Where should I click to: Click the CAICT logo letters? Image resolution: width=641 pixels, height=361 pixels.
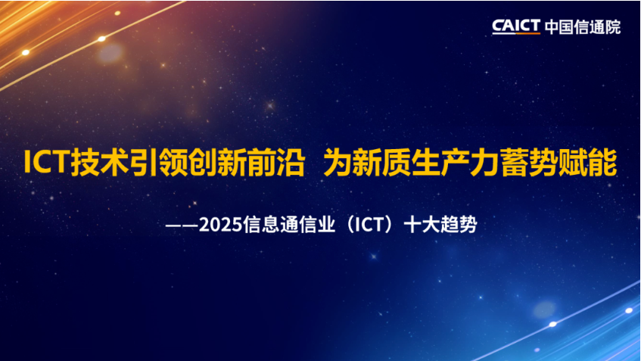click(x=516, y=26)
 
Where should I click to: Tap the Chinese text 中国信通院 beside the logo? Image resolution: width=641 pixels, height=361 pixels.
click(x=583, y=27)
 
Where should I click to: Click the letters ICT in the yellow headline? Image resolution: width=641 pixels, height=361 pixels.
click(x=45, y=162)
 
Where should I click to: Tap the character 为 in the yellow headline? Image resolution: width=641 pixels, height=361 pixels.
click(x=338, y=162)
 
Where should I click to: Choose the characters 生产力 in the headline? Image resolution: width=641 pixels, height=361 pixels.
click(x=456, y=162)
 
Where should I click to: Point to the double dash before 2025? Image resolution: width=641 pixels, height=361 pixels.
click(x=182, y=226)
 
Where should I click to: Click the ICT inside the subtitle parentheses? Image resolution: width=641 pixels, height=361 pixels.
click(x=368, y=225)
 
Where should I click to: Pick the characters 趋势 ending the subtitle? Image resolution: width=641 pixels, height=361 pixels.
click(x=459, y=225)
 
